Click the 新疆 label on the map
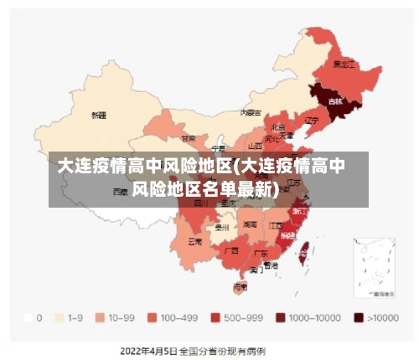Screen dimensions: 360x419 tap(99, 115)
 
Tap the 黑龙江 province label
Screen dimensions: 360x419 tap(344, 64)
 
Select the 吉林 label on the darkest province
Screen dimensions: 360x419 tap(335, 101)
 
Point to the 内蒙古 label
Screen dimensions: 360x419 tap(251, 112)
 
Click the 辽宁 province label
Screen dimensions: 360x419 tap(312, 121)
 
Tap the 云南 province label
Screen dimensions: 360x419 tap(194, 242)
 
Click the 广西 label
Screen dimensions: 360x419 tap(231, 249)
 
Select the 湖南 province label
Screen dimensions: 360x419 tap(250, 224)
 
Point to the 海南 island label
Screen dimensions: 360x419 tap(240, 286)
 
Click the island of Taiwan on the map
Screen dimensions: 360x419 tap(305, 248)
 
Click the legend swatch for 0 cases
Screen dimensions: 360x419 tap(28, 317)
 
